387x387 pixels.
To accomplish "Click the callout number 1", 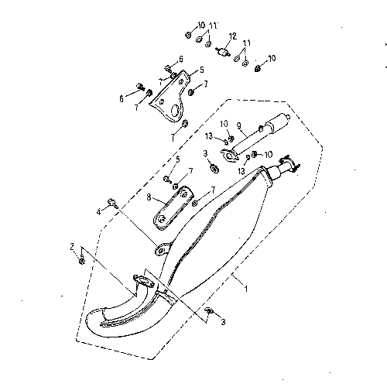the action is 246,289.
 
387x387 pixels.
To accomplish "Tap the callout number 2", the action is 72,247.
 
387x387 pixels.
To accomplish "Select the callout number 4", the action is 98,212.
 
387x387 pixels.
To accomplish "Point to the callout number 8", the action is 149,197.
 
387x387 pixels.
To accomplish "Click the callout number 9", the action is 239,125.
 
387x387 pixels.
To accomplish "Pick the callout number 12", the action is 233,36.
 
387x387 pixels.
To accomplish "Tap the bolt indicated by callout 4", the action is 113,203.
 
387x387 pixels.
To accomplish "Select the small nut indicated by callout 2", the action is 82,261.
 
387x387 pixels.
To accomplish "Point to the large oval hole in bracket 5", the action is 175,111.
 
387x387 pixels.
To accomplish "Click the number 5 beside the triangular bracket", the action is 202,70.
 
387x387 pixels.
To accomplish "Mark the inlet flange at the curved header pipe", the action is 144,281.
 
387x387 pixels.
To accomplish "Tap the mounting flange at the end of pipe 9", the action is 229,156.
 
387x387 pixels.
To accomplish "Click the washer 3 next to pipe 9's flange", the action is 214,169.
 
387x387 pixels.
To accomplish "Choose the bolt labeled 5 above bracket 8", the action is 168,179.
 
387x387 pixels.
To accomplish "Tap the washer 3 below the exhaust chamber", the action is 209,310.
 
